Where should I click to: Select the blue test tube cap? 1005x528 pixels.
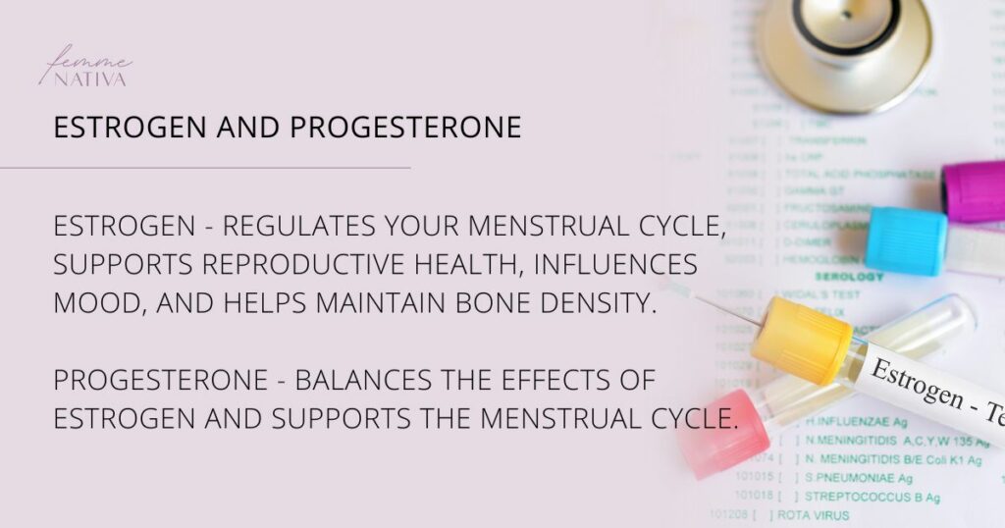905,241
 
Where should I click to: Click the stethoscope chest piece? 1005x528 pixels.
844,39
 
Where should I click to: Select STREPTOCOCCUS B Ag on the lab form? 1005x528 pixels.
872,497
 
